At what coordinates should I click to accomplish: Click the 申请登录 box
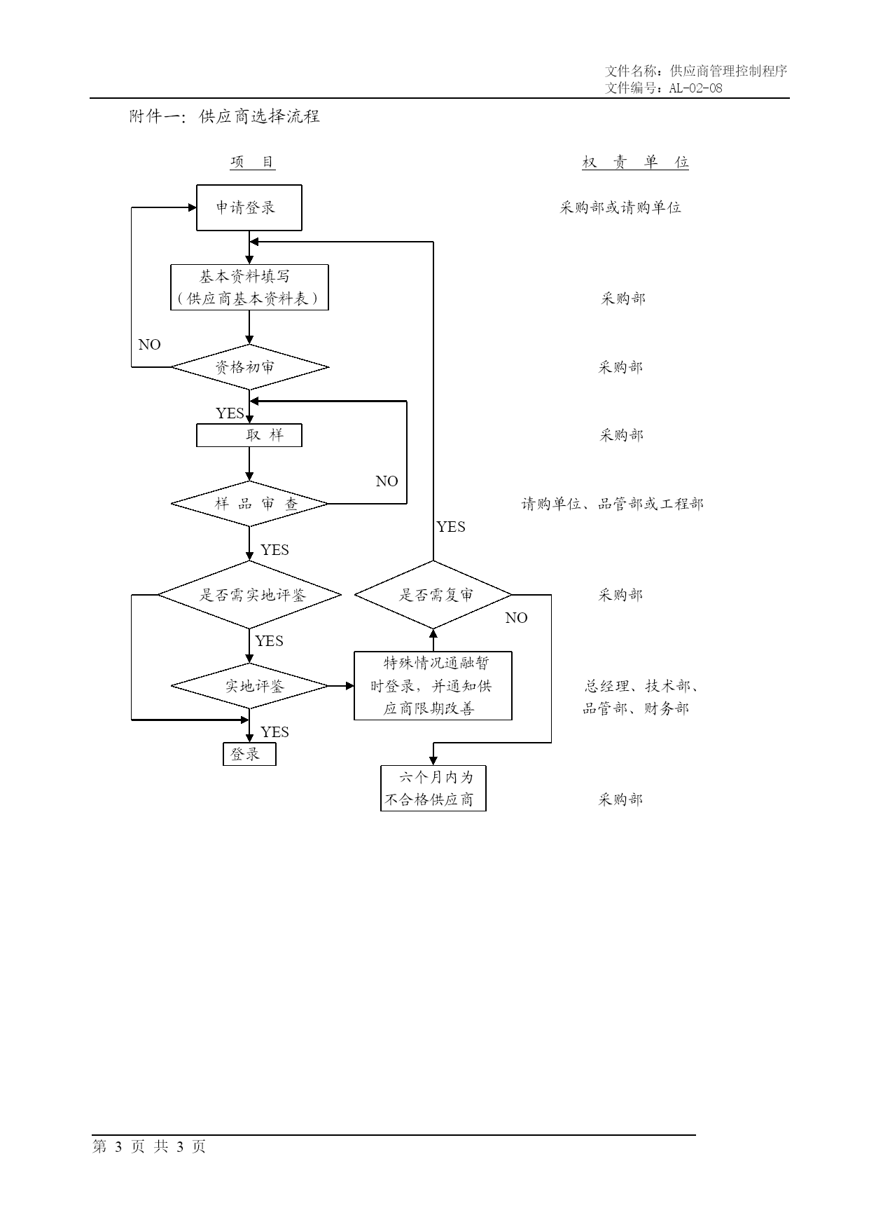coord(249,207)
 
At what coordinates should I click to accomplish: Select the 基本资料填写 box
coord(250,287)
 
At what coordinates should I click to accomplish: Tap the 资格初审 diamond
coord(250,366)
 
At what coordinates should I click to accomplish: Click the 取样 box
coord(249,435)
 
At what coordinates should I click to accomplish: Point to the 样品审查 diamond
coord(250,504)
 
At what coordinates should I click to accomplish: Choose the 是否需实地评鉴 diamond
coord(249,595)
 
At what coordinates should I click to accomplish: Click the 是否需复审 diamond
coord(433,595)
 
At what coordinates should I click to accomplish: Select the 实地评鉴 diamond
coord(250,686)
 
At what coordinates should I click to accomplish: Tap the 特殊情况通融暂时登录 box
coord(433,686)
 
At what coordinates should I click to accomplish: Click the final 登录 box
coord(249,755)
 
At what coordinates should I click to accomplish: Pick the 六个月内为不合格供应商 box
coord(433,788)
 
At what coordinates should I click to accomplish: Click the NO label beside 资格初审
coord(150,345)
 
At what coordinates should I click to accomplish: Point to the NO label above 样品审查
coord(387,481)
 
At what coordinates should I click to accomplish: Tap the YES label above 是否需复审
coord(451,527)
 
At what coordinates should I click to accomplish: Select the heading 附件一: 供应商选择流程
coord(225,116)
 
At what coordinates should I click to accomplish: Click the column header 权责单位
coord(636,163)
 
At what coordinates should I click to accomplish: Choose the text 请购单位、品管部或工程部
coord(613,504)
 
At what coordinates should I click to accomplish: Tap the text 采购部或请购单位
coord(620,207)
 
